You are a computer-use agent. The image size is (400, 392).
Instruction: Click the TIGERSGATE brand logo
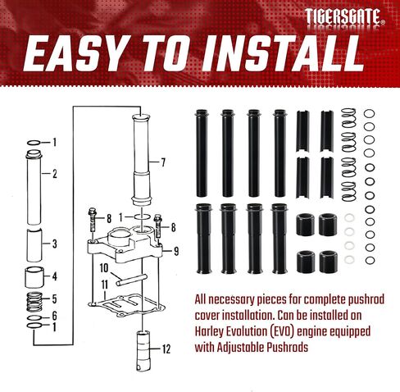pos(345,16)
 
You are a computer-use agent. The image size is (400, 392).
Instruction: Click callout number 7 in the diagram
pos(163,162)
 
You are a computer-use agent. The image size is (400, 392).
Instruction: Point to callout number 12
pos(166,349)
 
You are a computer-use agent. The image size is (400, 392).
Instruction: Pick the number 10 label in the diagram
pos(104,268)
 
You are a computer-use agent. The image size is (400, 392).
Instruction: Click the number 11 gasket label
pos(105,285)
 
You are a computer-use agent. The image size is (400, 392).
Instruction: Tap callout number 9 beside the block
pos(176,251)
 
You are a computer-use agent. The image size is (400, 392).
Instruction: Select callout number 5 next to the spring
pos(54,299)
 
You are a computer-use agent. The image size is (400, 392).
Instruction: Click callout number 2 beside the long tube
pos(55,174)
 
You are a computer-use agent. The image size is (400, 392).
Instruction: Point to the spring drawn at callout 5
pos(34,302)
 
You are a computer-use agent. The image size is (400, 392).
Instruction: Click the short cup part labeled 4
pos(34,277)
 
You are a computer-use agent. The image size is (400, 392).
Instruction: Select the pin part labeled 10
pos(132,280)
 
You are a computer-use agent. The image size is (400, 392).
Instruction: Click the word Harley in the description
pos(208,331)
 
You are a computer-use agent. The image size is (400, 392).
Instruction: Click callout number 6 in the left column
pos(54,316)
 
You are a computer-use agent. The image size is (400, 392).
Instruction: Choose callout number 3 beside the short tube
pos(55,244)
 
